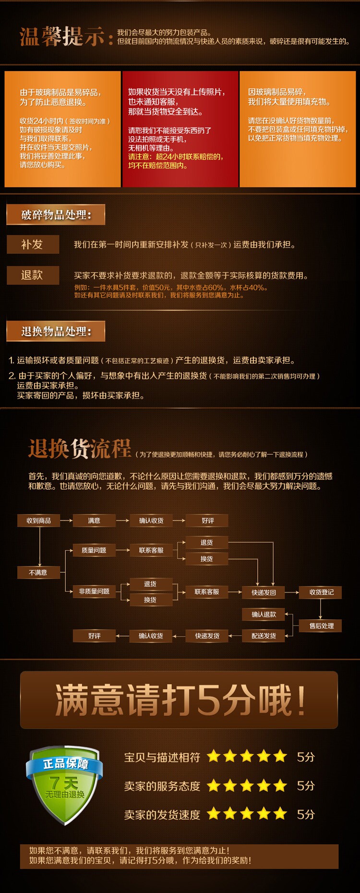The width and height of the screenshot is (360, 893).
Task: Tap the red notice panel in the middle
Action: [x=180, y=129]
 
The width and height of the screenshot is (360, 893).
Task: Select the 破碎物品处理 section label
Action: [x=56, y=215]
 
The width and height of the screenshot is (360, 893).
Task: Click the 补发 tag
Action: [x=33, y=244]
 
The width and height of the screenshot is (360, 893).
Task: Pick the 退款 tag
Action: [x=33, y=275]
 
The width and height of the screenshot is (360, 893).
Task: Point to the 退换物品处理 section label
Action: [x=56, y=331]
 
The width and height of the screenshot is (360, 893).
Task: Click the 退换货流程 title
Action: [x=80, y=449]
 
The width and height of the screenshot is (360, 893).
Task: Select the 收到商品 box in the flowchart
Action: [x=39, y=520]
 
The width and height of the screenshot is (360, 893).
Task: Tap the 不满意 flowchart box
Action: [x=38, y=572]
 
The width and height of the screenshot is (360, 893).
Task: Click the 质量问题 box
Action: [x=94, y=550]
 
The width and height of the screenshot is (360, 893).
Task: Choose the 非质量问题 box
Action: [x=94, y=591]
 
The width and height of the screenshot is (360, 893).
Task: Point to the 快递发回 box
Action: [x=264, y=592]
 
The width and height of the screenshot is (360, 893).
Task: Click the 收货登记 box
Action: [x=321, y=592]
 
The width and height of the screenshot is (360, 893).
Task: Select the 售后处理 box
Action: [x=321, y=626]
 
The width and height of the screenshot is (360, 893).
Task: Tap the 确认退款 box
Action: [x=264, y=615]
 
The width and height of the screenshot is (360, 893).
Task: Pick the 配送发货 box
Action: [x=264, y=636]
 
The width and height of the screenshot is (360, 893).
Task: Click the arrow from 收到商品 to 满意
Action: [x=66, y=520]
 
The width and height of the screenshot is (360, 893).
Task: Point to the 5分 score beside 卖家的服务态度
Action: [x=306, y=786]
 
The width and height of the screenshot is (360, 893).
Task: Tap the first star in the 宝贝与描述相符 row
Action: [x=214, y=757]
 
